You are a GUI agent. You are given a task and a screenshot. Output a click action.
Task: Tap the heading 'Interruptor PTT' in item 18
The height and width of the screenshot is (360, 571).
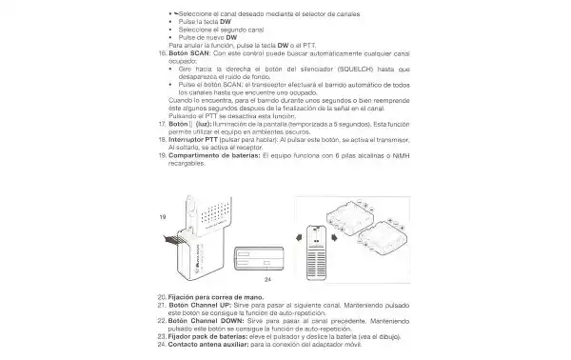(x=197, y=139)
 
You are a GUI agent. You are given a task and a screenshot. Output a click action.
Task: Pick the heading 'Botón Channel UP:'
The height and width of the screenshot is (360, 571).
(x=198, y=306)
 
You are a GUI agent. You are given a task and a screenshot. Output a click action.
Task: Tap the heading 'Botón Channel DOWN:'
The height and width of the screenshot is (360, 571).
(x=204, y=320)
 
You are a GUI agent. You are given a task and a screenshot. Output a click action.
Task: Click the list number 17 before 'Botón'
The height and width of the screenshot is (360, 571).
(x=161, y=125)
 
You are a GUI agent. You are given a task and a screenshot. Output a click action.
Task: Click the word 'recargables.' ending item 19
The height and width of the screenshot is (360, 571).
(x=186, y=162)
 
